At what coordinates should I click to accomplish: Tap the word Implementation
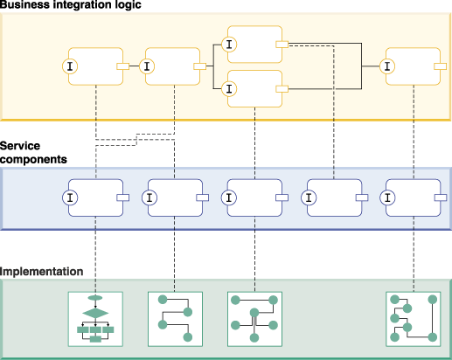(41, 272)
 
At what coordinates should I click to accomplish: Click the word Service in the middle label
(20, 146)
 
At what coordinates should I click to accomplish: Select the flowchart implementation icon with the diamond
(95, 319)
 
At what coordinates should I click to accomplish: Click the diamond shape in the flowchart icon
(95, 314)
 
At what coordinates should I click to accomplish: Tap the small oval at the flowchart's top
(95, 298)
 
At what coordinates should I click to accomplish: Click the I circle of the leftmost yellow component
(70, 66)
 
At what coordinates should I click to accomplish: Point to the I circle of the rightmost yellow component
(387, 66)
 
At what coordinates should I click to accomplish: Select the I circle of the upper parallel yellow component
(229, 45)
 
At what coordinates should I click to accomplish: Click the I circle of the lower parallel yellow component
(229, 89)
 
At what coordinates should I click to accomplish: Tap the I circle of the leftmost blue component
(70, 197)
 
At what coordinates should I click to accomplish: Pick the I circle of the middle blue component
(229, 197)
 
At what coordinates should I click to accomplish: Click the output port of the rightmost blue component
(441, 197)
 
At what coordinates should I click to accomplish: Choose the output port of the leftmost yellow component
(123, 66)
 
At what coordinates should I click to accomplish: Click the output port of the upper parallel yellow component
(282, 45)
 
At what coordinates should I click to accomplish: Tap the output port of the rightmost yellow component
(441, 66)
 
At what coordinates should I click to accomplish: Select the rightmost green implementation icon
(414, 319)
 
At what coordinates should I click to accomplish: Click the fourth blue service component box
(335, 197)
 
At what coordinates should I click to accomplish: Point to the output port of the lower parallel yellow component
(282, 89)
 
